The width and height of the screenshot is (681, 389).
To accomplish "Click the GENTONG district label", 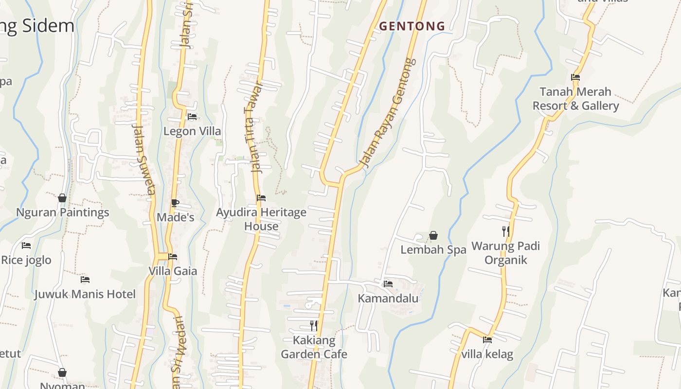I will pyautogui.click(x=412, y=26).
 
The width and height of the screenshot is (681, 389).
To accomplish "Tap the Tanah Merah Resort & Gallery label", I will pyautogui.click(x=575, y=99).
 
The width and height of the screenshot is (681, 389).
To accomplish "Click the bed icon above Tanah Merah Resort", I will pyautogui.click(x=575, y=77).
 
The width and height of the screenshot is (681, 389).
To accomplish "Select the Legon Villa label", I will pyautogui.click(x=192, y=131).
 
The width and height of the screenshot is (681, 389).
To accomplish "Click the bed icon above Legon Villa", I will pyautogui.click(x=192, y=117).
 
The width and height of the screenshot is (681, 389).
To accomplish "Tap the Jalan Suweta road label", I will pyautogui.click(x=144, y=158).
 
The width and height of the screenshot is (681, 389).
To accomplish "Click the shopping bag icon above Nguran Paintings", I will pyautogui.click(x=62, y=198).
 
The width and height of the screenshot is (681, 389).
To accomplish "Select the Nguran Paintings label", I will pyautogui.click(x=63, y=212).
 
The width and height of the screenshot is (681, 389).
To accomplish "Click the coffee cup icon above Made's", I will pyautogui.click(x=175, y=203).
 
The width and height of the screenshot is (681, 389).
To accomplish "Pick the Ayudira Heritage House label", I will pyautogui.click(x=261, y=219).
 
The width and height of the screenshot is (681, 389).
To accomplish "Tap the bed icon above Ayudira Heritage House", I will pyautogui.click(x=261, y=198).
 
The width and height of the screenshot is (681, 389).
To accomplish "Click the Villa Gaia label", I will pyautogui.click(x=173, y=271).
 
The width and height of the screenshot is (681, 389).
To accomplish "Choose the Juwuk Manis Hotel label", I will pyautogui.click(x=85, y=294).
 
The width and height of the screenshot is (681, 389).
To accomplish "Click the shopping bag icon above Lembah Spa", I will pyautogui.click(x=433, y=236).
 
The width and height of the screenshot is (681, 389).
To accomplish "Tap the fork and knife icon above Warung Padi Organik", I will pyautogui.click(x=506, y=231).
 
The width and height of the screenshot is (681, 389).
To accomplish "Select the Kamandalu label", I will pyautogui.click(x=388, y=298).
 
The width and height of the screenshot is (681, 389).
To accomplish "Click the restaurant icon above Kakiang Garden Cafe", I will pyautogui.click(x=314, y=325).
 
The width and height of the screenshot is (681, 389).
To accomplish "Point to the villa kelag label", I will pyautogui.click(x=487, y=354).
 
